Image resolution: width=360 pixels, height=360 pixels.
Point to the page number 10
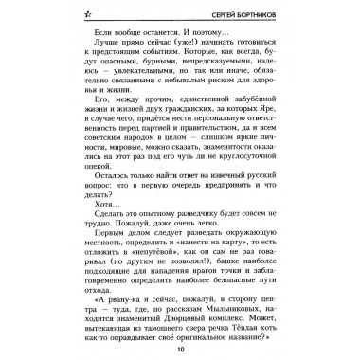tap(180, 347)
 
